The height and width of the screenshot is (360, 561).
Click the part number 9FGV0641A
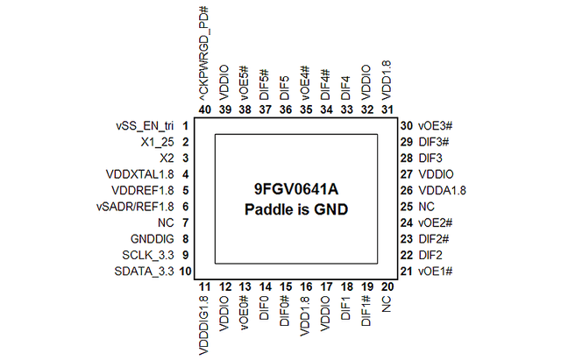296,188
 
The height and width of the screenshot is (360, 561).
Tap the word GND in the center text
331,209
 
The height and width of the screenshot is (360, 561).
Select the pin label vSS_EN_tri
145,126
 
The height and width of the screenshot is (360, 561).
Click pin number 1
185,126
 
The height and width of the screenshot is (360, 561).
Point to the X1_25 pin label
157,142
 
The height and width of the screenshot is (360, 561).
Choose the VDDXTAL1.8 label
140,174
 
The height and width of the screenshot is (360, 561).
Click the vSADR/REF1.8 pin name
135,207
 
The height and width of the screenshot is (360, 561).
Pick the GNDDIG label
152,239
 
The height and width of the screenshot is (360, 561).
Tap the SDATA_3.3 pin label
144,272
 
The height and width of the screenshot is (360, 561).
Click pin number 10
185,272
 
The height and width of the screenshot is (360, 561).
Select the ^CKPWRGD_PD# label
204,53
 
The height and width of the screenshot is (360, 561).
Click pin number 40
204,109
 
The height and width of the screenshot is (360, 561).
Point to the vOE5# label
245,83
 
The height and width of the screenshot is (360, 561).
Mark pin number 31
387,109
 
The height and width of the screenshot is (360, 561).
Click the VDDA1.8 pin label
442,191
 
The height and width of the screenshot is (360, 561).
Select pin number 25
407,207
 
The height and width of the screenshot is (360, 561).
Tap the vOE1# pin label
436,272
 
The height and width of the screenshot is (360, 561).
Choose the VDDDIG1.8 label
203,325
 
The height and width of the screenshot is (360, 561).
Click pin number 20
387,286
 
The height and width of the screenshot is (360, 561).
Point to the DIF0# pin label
285,311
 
